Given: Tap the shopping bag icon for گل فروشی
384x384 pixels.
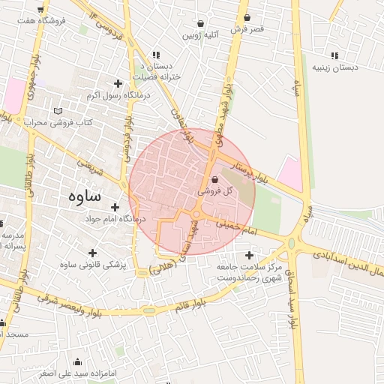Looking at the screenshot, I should point(215,180).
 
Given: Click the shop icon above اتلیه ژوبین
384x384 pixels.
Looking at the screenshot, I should point(200,23).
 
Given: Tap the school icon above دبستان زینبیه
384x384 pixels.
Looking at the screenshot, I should point(334,55).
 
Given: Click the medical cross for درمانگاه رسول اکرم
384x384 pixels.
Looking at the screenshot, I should point(117,83).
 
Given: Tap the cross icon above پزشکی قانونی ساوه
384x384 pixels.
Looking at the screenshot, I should point(92,253).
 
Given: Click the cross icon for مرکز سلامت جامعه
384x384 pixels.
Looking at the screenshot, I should point(249,255).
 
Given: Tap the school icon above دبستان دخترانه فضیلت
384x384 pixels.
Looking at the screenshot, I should point(156,55).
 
